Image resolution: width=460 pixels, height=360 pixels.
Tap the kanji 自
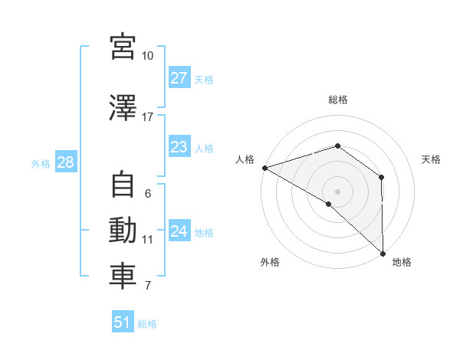click(x=123, y=185)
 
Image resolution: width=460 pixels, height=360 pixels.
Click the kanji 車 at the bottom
click(x=123, y=277)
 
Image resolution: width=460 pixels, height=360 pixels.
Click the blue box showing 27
click(x=179, y=78)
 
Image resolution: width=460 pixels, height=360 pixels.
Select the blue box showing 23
click(x=179, y=147)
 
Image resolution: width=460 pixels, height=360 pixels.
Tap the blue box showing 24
click(x=179, y=231)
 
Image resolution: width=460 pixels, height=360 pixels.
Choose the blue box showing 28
click(x=64, y=162)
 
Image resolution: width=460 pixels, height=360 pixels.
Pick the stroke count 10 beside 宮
click(x=147, y=56)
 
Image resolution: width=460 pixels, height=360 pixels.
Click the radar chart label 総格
click(x=338, y=100)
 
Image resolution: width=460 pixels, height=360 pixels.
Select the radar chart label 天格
click(x=432, y=159)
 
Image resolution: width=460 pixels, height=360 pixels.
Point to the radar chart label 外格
click(x=270, y=262)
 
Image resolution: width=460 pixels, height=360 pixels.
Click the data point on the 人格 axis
click(x=264, y=168)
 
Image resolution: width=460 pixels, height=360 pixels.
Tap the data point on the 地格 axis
click(x=383, y=252)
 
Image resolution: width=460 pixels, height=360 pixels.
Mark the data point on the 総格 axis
click(x=338, y=146)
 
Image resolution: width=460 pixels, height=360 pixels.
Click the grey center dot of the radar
click(x=338, y=191)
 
